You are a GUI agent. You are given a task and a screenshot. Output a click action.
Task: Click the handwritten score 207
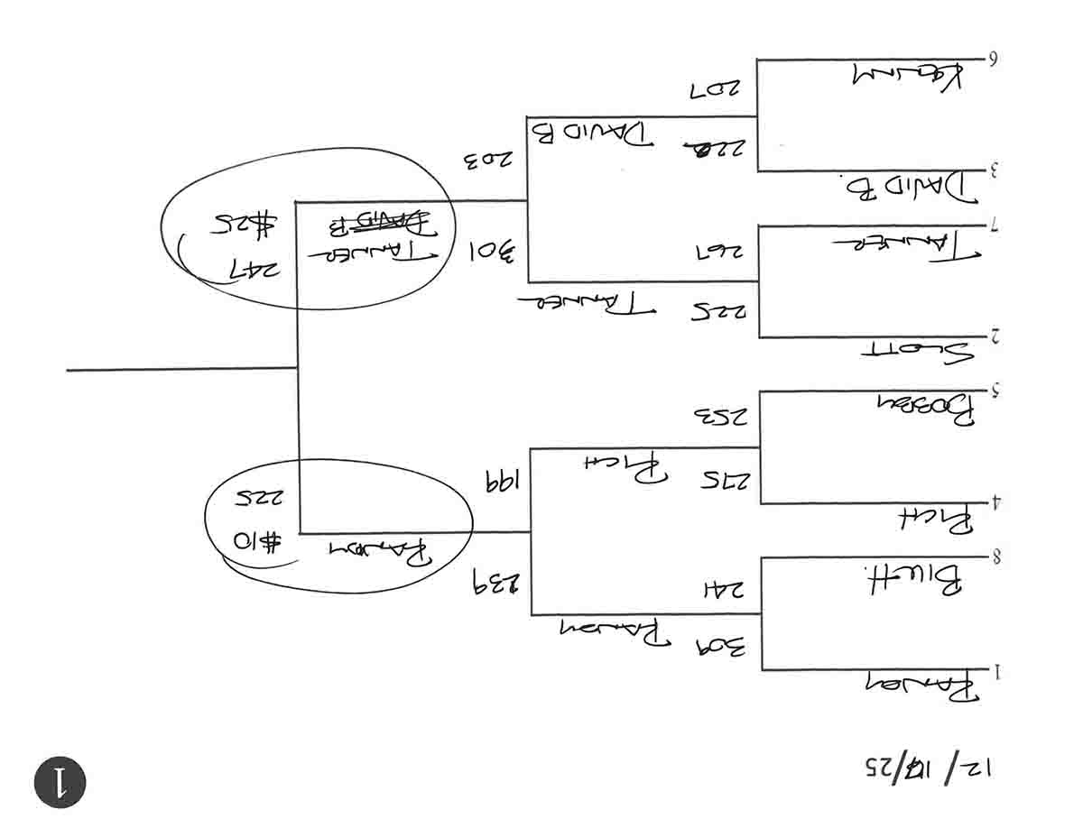click(x=714, y=90)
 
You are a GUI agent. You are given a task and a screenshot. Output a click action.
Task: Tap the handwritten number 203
click(x=488, y=162)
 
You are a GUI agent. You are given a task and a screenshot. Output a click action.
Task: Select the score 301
click(x=491, y=251)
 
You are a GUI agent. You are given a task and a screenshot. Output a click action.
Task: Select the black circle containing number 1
click(x=60, y=781)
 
